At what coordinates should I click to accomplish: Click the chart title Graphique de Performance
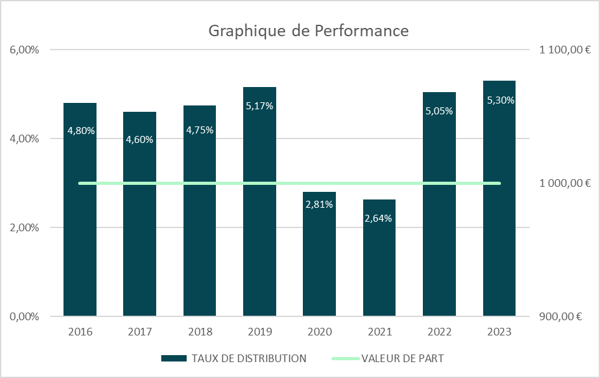pos(309,31)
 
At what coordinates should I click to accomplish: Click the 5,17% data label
pos(260,106)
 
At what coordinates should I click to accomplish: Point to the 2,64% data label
pos(379,219)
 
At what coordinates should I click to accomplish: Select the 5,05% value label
pos(439,111)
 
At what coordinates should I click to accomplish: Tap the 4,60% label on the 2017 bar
pos(140,140)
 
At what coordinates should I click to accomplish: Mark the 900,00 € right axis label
pos(561,316)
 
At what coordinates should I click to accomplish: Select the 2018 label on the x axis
pos(200,332)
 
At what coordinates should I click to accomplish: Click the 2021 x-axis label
pos(379,332)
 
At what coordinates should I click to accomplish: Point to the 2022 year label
pos(439,332)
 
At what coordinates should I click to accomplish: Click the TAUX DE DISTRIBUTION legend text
pos(248,358)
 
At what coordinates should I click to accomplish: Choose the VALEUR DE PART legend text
pos(403,358)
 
